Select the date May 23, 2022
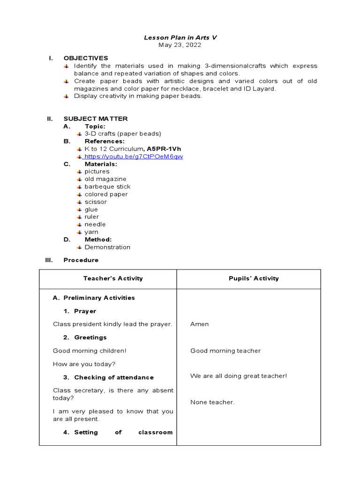tap(180, 45)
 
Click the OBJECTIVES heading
tap(86, 58)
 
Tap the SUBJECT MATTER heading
tap(96, 119)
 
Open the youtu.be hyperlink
tap(134, 157)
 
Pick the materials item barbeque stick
tap(107, 187)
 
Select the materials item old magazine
tap(105, 179)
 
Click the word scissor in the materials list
tap(96, 202)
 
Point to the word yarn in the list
tap(91, 232)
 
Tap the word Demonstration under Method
tap(107, 247)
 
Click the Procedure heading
tap(81, 260)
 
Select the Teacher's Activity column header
tap(113, 278)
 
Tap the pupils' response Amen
tap(200, 324)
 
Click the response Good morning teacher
tap(225, 351)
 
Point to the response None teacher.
tap(212, 402)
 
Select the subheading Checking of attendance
tap(114, 377)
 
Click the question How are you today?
tap(84, 364)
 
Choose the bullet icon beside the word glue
tap(79, 210)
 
